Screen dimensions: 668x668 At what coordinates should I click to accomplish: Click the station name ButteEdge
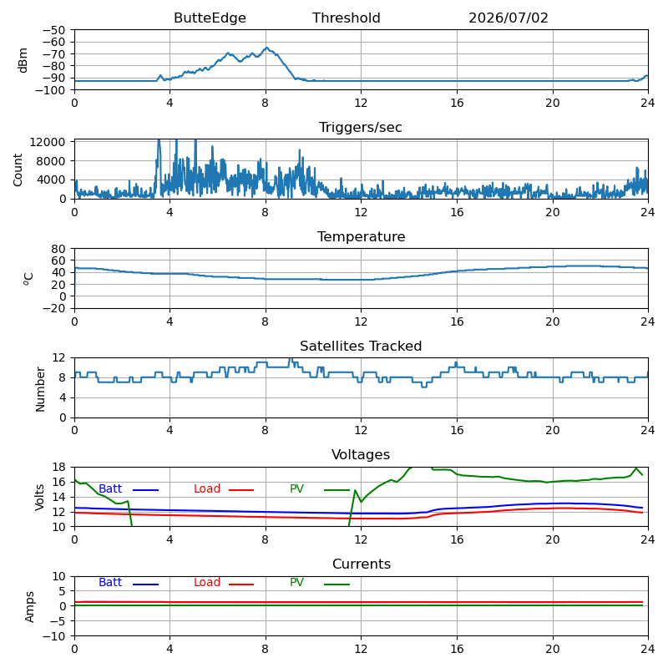pyautogui.click(x=210, y=18)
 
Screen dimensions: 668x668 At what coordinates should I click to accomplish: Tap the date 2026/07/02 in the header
pyautogui.click(x=509, y=18)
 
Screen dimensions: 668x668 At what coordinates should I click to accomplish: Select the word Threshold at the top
pyautogui.click(x=346, y=18)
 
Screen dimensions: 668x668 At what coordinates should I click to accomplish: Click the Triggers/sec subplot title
pyautogui.click(x=361, y=128)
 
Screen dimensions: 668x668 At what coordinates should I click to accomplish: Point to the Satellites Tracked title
pyautogui.click(x=361, y=346)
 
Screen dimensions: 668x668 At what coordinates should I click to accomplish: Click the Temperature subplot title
pyautogui.click(x=361, y=236)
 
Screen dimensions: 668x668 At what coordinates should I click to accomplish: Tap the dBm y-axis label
pyautogui.click(x=23, y=60)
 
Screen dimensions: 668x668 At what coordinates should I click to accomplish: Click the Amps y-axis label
pyautogui.click(x=29, y=607)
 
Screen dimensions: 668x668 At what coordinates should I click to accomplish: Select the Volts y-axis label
pyautogui.click(x=39, y=497)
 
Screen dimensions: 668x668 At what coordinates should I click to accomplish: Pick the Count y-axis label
pyautogui.click(x=18, y=170)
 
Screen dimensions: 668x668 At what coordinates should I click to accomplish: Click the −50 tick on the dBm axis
pyautogui.click(x=53, y=30)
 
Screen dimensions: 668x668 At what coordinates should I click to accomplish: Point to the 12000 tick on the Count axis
pyautogui.click(x=48, y=142)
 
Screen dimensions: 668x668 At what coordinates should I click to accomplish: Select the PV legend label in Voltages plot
pyautogui.click(x=296, y=488)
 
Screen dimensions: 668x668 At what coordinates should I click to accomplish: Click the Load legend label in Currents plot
pyautogui.click(x=207, y=582)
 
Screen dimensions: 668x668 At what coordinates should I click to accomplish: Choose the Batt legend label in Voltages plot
pyautogui.click(x=110, y=488)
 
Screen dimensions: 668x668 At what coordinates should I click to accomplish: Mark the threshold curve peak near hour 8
pyautogui.click(x=266, y=48)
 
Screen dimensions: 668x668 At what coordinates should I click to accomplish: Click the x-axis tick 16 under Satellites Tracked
pyautogui.click(x=457, y=430)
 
